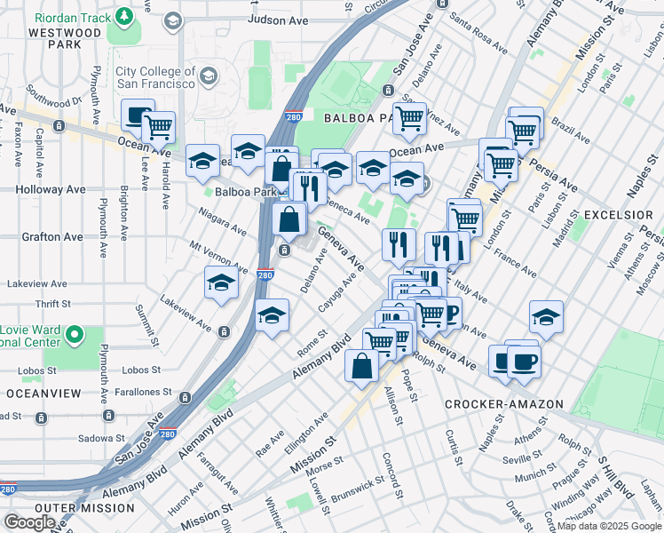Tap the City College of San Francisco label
tap(154, 76)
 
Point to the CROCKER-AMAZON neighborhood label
tap(504, 404)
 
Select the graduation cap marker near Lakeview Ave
tap(221, 284)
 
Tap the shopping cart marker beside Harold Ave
tap(158, 127)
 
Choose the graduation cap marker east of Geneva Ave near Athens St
tap(546, 317)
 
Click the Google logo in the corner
tap(30, 522)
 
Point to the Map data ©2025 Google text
tap(609, 526)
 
